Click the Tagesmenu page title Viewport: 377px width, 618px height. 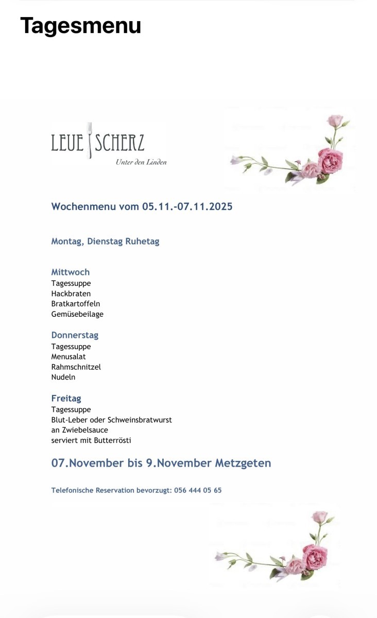pos(80,26)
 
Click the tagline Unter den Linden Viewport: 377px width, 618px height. pos(141,162)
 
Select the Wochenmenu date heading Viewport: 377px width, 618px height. pos(142,207)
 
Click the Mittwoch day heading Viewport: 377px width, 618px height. pos(70,272)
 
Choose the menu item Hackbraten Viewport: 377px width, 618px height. pos(71,294)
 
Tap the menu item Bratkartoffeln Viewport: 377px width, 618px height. pos(75,304)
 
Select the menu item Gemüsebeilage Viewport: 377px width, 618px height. pos(77,314)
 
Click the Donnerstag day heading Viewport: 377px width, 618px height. pos(75,335)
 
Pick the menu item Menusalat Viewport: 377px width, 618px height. pos(68,356)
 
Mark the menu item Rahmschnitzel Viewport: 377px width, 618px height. pos(76,367)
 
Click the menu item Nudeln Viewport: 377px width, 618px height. pos(63,377)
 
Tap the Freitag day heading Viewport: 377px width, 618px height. pos(66,398)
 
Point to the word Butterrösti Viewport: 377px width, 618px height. pos(113,441)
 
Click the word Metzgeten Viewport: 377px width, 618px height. pos(239,463)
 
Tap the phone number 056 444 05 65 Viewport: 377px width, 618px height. pos(198,490)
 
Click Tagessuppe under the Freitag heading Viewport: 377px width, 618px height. pos(71,409)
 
